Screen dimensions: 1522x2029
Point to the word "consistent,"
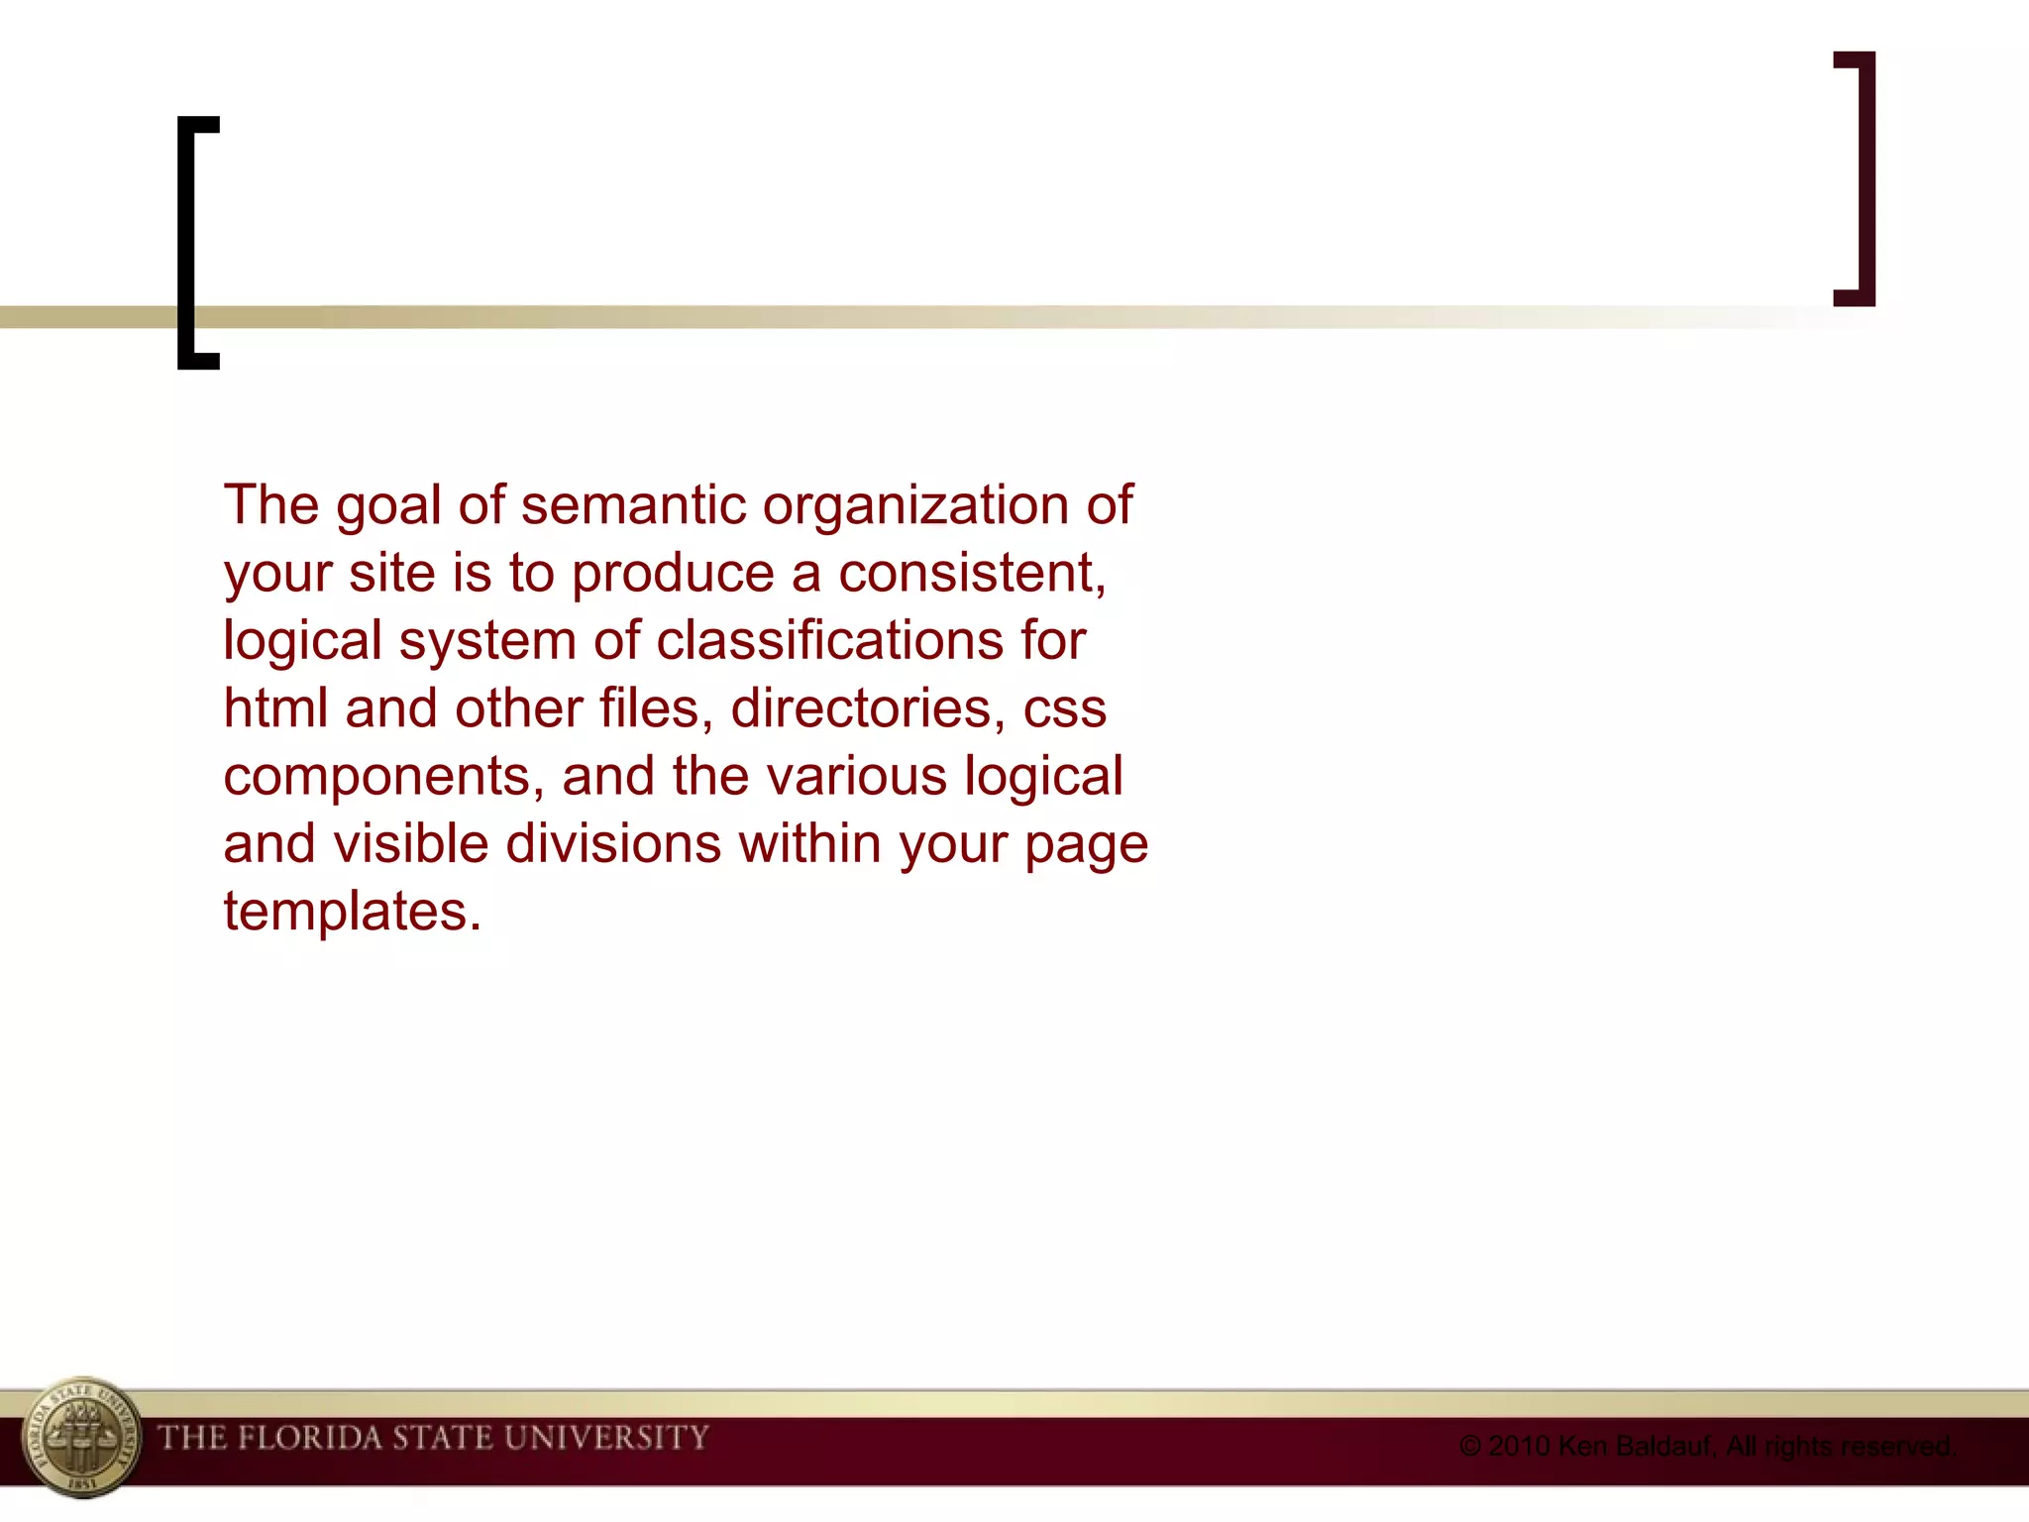(972, 574)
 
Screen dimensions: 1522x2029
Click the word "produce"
(673, 575)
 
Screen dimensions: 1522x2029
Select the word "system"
(487, 642)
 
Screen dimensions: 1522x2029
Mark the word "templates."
(352, 912)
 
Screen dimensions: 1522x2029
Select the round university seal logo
(81, 1437)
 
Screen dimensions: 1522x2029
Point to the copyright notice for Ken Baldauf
(1706, 1447)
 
